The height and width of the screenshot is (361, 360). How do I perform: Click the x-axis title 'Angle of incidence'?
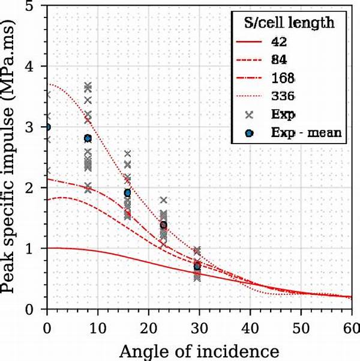pyautogui.click(x=198, y=350)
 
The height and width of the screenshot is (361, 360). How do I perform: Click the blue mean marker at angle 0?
pyautogui.click(x=47, y=127)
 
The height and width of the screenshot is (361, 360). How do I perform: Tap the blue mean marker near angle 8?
pyautogui.click(x=88, y=138)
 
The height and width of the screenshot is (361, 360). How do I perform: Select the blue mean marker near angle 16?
pyautogui.click(x=127, y=193)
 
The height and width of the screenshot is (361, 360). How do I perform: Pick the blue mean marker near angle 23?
pyautogui.click(x=163, y=225)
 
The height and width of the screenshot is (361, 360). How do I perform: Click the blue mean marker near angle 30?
pyautogui.click(x=197, y=266)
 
